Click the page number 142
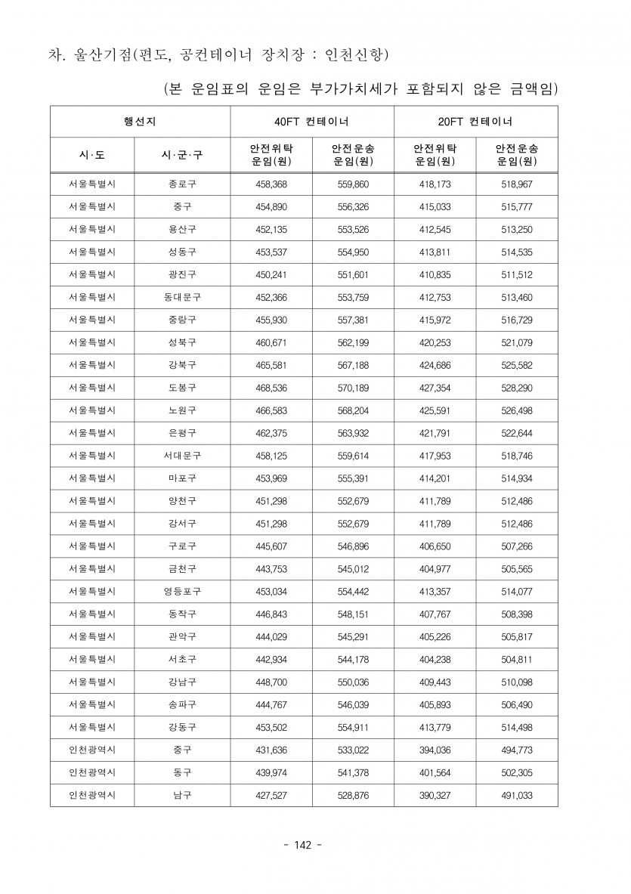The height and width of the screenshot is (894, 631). (306, 845)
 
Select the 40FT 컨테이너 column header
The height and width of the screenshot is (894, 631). (311, 121)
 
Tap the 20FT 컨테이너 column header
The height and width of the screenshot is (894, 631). (475, 121)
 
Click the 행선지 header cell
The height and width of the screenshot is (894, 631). (140, 121)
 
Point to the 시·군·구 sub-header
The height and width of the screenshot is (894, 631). (182, 155)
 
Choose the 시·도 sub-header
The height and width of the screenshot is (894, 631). (92, 155)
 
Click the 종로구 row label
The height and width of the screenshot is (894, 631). (182, 184)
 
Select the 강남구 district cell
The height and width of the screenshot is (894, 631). (182, 681)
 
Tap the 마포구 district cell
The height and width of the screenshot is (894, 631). (182, 477)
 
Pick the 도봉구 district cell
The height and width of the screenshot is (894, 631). (182, 388)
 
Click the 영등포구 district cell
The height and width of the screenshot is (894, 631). (182, 591)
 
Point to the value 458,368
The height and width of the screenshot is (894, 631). (271, 184)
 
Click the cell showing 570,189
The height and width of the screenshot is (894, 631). (353, 388)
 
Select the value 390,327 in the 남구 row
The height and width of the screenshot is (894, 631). (435, 795)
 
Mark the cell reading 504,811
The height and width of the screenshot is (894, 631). (517, 659)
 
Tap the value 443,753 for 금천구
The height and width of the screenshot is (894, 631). (271, 568)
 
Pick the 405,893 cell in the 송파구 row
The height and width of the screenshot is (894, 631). (435, 704)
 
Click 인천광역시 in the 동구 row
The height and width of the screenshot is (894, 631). (92, 772)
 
